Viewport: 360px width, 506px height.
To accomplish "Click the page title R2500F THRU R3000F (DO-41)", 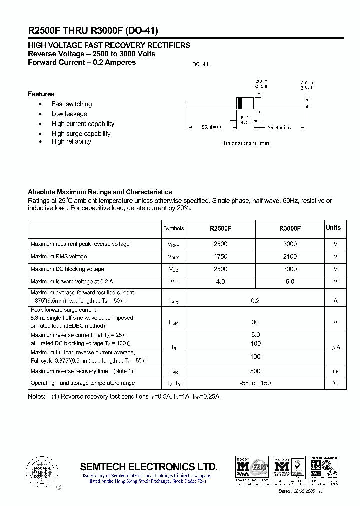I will click(93, 30).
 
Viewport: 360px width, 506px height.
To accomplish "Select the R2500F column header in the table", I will click(220, 228).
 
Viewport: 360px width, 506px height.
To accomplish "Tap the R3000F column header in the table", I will click(290, 228).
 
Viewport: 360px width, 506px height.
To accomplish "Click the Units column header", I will click(333, 228).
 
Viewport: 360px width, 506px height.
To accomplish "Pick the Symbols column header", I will click(173, 228).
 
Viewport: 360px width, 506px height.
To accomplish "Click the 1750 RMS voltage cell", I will click(220, 257).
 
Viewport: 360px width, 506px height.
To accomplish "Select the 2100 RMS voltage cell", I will click(290, 257).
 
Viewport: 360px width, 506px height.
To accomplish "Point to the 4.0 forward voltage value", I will click(220, 282).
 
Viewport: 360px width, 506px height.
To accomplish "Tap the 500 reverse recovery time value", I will click(255, 372).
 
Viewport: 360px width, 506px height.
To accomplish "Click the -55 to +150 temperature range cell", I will click(255, 383).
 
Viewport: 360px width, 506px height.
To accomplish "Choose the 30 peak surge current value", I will click(255, 322).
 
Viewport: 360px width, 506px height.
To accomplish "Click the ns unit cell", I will click(335, 372).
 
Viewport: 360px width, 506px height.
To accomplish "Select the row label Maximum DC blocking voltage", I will click(67, 269).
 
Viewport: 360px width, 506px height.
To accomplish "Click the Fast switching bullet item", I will click(72, 104).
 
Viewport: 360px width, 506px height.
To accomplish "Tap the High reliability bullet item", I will click(71, 142).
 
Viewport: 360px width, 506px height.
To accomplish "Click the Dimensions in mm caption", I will click(245, 143).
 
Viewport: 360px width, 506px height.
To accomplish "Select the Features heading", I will click(41, 94).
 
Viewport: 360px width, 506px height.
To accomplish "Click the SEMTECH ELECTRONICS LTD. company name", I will click(149, 467).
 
